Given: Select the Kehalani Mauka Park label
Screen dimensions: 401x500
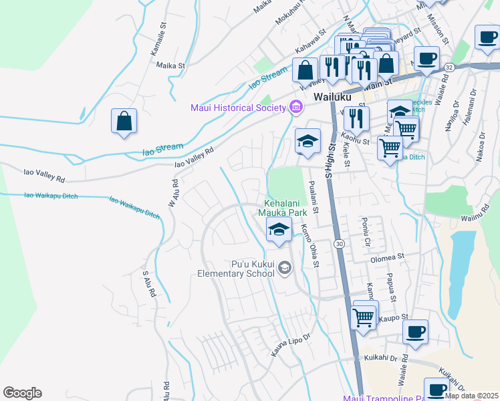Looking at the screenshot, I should click(x=283, y=207).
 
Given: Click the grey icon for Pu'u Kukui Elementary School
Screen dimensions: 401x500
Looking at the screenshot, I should click(x=285, y=268).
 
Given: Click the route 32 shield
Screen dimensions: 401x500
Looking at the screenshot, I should click(x=449, y=68).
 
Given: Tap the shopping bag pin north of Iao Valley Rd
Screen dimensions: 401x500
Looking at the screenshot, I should click(x=124, y=122).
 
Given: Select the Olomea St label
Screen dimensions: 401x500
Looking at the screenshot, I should click(x=388, y=256).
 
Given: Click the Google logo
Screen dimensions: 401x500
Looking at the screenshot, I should click(x=22, y=393).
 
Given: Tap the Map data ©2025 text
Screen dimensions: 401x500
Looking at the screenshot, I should click(x=471, y=396).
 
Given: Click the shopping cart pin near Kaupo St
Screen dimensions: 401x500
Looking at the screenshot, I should click(x=364, y=317).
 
